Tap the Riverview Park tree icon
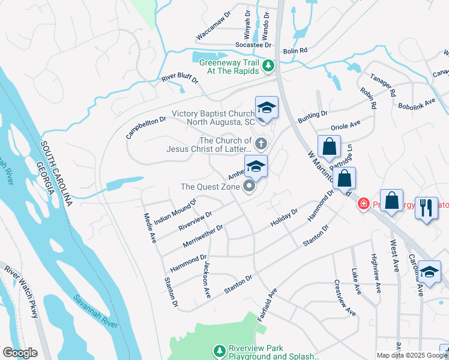(220, 350)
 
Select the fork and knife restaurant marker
(427, 208)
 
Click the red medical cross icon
(363, 205)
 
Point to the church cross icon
(261, 144)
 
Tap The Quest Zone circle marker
(249, 187)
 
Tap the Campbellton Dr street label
(146, 128)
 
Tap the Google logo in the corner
(20, 353)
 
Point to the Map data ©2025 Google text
(412, 355)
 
